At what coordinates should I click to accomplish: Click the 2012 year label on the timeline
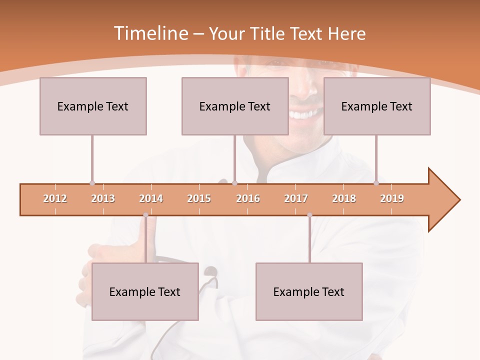pyautogui.click(x=55, y=198)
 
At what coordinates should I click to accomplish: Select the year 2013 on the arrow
pyautogui.click(x=103, y=198)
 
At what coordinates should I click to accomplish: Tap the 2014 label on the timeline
pyautogui.click(x=151, y=198)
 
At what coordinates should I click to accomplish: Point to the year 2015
pyautogui.click(x=199, y=198)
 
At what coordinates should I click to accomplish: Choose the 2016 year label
pyautogui.click(x=248, y=198)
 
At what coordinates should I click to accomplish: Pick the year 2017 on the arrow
pyautogui.click(x=296, y=198)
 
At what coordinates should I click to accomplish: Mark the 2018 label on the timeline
pyautogui.click(x=344, y=198)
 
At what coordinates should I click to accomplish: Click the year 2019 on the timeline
pyautogui.click(x=392, y=198)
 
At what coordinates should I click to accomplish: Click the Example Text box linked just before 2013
pyautogui.click(x=93, y=106)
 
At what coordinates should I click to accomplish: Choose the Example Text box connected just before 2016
pyautogui.click(x=235, y=106)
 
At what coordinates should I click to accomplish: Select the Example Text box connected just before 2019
pyautogui.click(x=377, y=106)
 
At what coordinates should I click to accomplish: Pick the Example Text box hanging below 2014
pyautogui.click(x=145, y=291)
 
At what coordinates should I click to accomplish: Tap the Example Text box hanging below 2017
pyautogui.click(x=309, y=291)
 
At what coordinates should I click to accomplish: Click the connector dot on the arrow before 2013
pyautogui.click(x=92, y=183)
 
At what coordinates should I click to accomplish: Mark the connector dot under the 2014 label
pyautogui.click(x=145, y=215)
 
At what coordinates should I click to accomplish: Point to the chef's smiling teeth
pyautogui.click(x=303, y=114)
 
